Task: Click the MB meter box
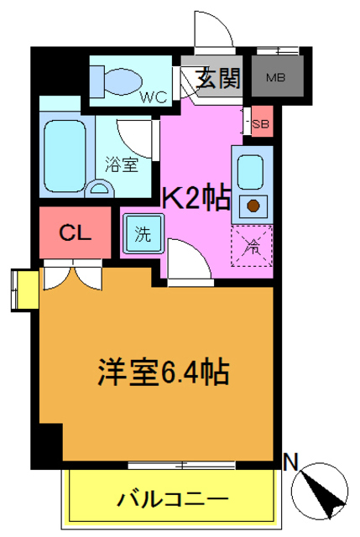coord(275,79)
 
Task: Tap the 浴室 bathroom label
coord(123,165)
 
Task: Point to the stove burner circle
coord(251,204)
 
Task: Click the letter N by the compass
coord(291,461)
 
